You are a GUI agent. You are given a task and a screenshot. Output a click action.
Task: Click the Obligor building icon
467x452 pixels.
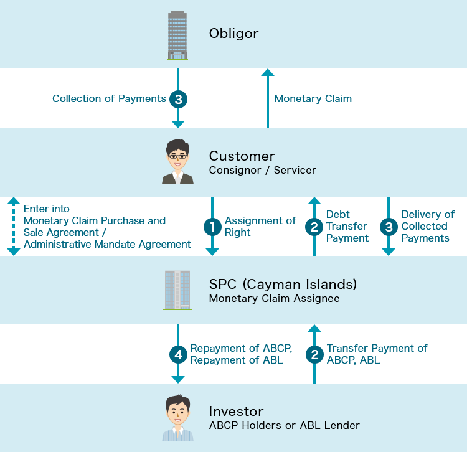(x=177, y=35)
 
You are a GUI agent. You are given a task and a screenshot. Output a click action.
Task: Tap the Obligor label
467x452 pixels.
(x=233, y=34)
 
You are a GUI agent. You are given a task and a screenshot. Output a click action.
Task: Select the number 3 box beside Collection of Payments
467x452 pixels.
(x=178, y=99)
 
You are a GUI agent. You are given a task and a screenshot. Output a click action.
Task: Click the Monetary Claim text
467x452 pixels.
(x=313, y=99)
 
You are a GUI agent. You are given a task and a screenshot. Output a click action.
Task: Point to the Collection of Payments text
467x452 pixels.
(x=109, y=99)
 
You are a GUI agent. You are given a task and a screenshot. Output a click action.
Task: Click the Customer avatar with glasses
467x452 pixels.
(x=177, y=162)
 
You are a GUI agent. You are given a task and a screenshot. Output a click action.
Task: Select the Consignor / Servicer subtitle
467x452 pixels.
(x=262, y=171)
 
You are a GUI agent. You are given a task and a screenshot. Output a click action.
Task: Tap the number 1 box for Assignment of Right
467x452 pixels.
(x=212, y=227)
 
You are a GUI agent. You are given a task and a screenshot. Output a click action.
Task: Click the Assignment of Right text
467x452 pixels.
(x=260, y=227)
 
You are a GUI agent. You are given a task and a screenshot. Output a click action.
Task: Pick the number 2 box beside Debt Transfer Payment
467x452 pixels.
(x=314, y=227)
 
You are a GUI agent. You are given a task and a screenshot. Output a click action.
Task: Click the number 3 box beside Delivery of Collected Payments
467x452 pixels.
(x=389, y=227)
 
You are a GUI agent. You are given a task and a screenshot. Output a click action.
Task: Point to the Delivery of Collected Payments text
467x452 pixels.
(x=427, y=226)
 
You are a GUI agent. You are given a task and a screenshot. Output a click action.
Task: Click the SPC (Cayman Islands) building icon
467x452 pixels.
(x=177, y=290)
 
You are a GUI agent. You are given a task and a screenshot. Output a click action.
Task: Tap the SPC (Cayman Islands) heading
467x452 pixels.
(x=283, y=285)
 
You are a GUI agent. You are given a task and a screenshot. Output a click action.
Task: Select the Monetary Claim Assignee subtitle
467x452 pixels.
(x=274, y=299)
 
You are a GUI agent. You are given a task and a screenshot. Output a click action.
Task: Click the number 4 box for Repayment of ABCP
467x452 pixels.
(x=178, y=355)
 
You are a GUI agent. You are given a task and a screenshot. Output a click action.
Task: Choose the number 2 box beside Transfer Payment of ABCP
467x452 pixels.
(x=314, y=355)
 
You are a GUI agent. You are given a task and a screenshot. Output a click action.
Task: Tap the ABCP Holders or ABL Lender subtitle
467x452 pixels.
(x=284, y=426)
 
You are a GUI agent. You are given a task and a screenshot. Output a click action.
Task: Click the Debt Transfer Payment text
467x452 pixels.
(x=347, y=226)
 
